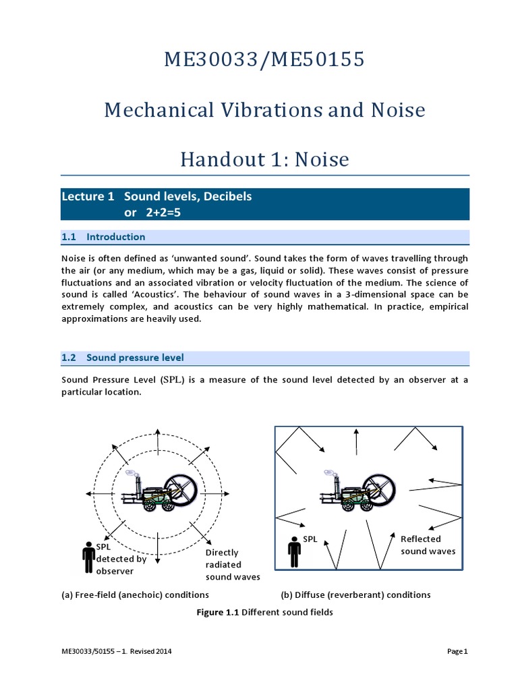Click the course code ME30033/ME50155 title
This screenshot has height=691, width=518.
point(264,60)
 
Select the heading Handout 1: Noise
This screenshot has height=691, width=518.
point(264,159)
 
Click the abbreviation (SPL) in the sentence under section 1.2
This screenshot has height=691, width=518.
point(171,380)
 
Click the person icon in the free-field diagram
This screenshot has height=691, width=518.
point(88,555)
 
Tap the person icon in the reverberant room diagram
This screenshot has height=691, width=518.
point(294,551)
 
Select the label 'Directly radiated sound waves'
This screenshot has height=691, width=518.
point(232,565)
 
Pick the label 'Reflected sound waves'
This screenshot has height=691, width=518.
point(428,545)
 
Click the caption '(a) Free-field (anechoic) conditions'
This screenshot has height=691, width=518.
point(135,595)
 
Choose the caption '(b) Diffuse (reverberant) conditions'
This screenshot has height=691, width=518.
point(355,595)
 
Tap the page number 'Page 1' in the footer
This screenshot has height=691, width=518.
point(457,652)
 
